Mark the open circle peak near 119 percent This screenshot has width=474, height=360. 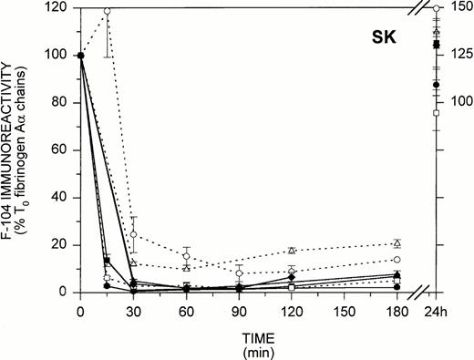(108, 12)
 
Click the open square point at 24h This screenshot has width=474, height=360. (437, 113)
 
